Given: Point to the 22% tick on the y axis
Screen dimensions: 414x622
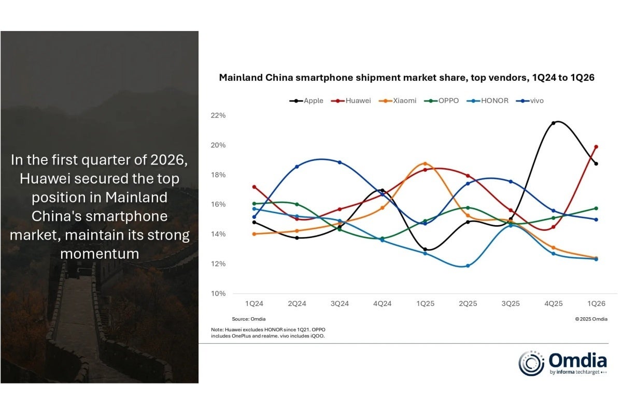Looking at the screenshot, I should (219, 115).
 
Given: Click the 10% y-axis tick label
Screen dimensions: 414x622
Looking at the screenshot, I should (219, 293).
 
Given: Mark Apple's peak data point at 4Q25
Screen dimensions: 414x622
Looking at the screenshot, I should (554, 123).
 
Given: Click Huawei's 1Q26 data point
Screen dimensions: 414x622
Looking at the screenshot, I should (596, 147).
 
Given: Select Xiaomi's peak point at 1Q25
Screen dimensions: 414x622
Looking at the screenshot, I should (425, 164).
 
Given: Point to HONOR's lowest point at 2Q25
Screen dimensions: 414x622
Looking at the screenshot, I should (468, 266).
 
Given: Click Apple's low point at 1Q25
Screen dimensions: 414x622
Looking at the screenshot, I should (425, 249).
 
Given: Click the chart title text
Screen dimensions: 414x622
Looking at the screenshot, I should (406, 78).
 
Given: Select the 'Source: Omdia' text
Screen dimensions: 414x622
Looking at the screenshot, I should (248, 319).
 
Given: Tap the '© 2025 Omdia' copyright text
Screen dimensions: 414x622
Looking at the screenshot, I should (591, 319).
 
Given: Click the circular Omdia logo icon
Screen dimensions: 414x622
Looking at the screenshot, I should (531, 363).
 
